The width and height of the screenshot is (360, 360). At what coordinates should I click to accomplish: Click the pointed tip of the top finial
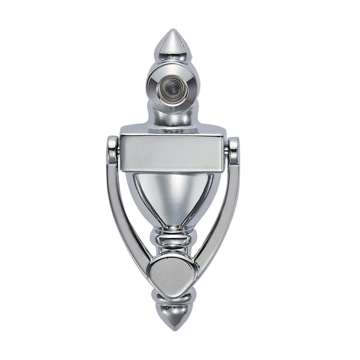[x=172, y=31]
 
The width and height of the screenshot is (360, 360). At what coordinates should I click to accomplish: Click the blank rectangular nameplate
[x=172, y=153]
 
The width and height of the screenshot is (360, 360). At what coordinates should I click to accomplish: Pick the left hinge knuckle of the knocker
[x=112, y=150]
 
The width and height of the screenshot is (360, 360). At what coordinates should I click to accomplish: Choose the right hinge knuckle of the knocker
[x=233, y=150]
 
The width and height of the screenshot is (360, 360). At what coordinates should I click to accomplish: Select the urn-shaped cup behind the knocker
[x=172, y=198]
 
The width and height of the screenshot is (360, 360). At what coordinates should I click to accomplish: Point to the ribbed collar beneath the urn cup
[x=172, y=240]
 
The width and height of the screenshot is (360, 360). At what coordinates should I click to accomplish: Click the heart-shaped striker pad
[x=172, y=273]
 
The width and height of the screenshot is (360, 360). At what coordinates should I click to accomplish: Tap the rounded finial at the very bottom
[x=172, y=317]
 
